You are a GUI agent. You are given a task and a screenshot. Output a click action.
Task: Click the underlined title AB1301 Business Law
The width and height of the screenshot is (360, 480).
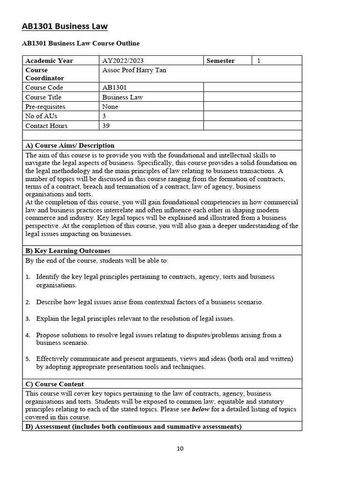[x=65, y=26]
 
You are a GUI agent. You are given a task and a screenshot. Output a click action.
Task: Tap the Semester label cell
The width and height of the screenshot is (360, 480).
[x=220, y=60]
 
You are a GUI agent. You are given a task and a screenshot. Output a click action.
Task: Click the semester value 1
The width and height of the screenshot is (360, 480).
[x=259, y=60]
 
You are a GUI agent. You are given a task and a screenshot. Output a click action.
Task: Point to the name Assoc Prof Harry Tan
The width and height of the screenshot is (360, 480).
[x=134, y=70]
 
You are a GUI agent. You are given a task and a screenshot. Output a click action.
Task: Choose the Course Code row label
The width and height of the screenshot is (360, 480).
[x=44, y=88]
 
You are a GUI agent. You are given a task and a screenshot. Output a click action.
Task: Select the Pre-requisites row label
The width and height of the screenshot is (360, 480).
[x=45, y=106]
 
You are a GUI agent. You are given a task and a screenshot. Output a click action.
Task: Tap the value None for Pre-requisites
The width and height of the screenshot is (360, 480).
[x=110, y=106]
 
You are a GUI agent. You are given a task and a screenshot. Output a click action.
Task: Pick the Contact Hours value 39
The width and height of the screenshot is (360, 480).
[x=106, y=126]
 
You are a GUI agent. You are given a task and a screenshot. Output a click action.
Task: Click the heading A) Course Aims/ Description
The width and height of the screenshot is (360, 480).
[x=70, y=145]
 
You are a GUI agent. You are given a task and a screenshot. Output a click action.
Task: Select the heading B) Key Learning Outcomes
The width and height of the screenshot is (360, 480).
[x=67, y=251]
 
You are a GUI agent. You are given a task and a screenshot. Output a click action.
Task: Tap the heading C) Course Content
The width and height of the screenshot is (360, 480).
[x=54, y=384]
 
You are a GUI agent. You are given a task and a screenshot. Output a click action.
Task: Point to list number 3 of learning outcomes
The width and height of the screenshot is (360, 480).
[x=28, y=319]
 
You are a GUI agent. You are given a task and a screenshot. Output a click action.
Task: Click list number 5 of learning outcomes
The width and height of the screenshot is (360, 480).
[x=28, y=359]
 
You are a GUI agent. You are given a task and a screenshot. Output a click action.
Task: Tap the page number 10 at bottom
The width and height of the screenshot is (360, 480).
[x=180, y=449]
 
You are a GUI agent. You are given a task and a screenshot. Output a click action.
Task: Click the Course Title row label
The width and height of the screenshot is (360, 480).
[x=43, y=97]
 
